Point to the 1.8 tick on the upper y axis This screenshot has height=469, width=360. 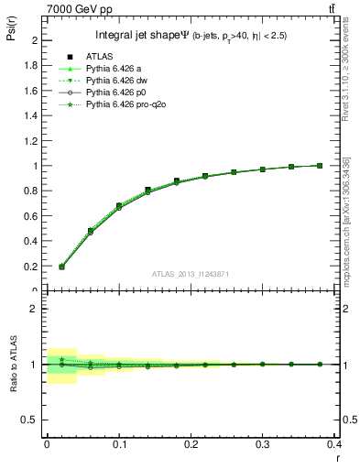[32, 66]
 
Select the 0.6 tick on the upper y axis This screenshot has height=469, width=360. [32, 216]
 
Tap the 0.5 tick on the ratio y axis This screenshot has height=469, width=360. [32, 420]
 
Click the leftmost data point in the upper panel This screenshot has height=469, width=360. [61, 267]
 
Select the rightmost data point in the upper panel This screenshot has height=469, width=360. [345, 166]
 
